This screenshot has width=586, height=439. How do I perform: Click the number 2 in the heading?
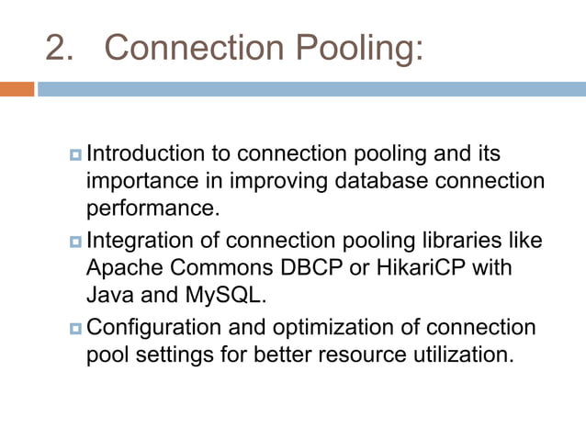pos(58,47)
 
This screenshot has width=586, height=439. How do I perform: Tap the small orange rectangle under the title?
pos(17,89)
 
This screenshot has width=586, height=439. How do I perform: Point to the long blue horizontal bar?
pos(311,89)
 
